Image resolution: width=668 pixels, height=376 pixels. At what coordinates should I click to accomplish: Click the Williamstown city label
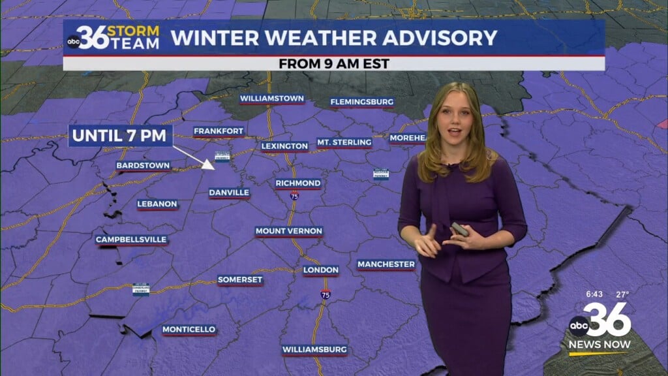click(x=271, y=99)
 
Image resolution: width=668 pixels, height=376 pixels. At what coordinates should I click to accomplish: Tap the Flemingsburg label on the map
click(x=361, y=102)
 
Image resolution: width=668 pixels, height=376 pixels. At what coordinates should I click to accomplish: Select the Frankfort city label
click(x=219, y=131)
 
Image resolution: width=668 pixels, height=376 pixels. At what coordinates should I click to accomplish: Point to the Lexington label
click(x=284, y=146)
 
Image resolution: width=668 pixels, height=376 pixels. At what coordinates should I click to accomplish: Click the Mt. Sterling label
click(x=344, y=142)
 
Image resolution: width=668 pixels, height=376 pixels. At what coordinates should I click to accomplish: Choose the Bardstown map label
click(x=144, y=165)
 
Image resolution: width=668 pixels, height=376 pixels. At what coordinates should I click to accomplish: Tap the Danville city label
click(x=229, y=193)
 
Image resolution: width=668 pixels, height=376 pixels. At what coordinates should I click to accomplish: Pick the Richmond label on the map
click(x=297, y=183)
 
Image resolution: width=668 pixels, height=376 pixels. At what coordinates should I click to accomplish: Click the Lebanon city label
click(x=157, y=204)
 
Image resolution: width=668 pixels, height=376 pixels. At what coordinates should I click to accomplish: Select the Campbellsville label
click(x=132, y=240)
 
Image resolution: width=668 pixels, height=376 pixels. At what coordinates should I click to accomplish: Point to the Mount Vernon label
click(x=289, y=231)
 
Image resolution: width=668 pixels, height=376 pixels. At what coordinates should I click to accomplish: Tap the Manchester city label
click(x=386, y=264)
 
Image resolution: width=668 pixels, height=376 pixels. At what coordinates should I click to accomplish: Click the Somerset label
click(x=240, y=279)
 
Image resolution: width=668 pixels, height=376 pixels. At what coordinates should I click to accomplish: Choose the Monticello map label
click(x=189, y=329)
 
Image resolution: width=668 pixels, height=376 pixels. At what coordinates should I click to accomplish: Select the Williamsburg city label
click(x=314, y=350)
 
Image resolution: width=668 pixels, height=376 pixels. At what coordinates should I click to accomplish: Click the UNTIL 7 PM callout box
click(x=121, y=136)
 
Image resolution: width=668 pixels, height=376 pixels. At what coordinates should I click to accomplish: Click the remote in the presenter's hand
click(x=459, y=229)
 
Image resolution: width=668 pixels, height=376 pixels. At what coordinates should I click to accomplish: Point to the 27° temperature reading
click(x=622, y=294)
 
